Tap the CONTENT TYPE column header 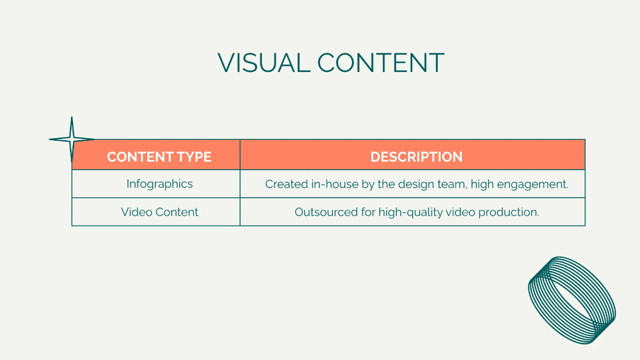(159, 157)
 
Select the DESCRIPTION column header (417, 157)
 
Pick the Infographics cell (159, 184)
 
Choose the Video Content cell (159, 212)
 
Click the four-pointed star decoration (71, 140)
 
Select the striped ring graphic (572, 300)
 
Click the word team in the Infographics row (449, 184)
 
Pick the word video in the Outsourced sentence (460, 212)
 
